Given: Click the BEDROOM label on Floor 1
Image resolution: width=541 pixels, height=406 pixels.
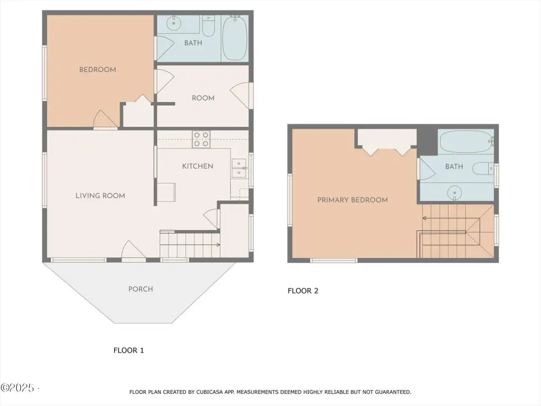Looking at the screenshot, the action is pyautogui.click(x=98, y=69).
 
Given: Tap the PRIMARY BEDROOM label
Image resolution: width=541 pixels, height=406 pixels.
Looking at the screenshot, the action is pyautogui.click(x=352, y=200).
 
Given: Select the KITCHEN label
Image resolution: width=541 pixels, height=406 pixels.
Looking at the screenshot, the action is pyautogui.click(x=198, y=166).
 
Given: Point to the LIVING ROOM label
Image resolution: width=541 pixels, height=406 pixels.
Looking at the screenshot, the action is pyautogui.click(x=100, y=196).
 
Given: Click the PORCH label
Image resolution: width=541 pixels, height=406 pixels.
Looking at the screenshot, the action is pyautogui.click(x=141, y=289).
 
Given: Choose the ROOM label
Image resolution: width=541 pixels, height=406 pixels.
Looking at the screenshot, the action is pyautogui.click(x=203, y=98).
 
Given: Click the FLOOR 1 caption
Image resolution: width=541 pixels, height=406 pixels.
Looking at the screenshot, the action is pyautogui.click(x=129, y=350).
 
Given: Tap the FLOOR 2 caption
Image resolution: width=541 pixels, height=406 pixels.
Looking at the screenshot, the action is pyautogui.click(x=303, y=291).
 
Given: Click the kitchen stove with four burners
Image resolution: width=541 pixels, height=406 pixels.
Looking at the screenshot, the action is pyautogui.click(x=201, y=139).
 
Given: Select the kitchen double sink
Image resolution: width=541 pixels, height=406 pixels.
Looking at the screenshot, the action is pyautogui.click(x=239, y=168).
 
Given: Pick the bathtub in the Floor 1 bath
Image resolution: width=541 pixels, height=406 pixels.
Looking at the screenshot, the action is pyautogui.click(x=235, y=38).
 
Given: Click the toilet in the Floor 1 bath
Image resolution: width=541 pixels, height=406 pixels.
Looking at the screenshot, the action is pyautogui.click(x=208, y=26).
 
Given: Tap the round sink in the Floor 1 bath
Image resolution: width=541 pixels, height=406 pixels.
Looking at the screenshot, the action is pyautogui.click(x=173, y=23).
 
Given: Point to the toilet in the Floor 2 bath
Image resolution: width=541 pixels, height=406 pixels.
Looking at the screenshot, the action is pyautogui.click(x=483, y=169).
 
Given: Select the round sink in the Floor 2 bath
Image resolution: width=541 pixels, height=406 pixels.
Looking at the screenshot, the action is pyautogui.click(x=454, y=193).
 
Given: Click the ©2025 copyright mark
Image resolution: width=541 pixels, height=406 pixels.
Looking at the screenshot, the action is pyautogui.click(x=17, y=387).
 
